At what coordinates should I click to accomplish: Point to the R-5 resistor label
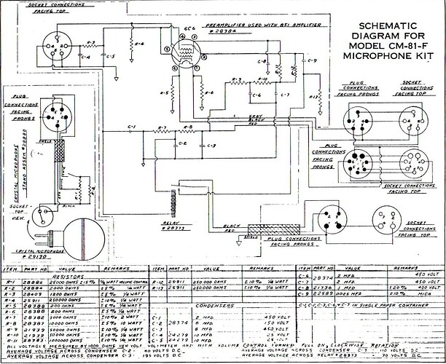[165, 94]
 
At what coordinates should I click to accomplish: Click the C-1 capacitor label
[131, 129]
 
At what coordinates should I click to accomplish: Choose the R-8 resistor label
[187, 129]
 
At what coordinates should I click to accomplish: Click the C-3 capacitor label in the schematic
[211, 146]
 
